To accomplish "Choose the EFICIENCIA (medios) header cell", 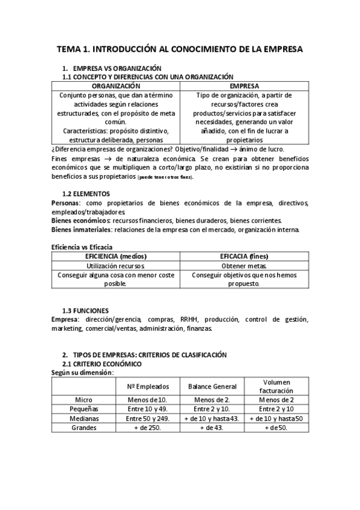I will [x=116, y=256].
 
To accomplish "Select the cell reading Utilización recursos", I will [x=116, y=265].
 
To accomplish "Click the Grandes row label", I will [x=84, y=427].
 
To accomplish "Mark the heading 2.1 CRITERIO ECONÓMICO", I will [x=102, y=364].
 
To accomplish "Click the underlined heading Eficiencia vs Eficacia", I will [x=81, y=247].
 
